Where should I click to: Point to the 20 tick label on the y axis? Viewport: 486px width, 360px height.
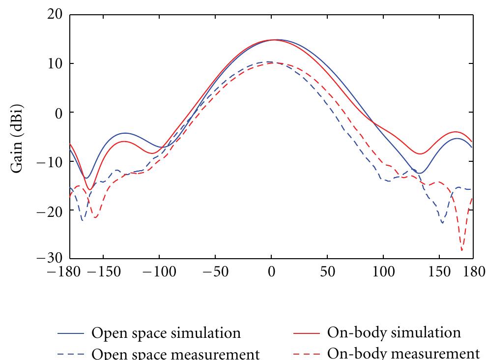[52, 15]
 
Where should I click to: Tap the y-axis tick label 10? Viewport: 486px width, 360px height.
[52, 64]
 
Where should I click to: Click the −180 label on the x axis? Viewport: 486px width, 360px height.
[70, 272]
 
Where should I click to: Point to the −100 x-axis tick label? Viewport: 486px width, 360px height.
[159, 272]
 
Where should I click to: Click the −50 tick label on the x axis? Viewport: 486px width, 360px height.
[215, 272]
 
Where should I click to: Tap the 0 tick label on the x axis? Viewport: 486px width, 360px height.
[271, 272]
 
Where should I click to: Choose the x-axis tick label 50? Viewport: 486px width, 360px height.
[327, 272]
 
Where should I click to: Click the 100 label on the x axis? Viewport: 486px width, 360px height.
[383, 272]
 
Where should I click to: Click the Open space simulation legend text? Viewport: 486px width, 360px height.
[166, 333]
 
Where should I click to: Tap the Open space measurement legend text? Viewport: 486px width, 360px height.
[175, 354]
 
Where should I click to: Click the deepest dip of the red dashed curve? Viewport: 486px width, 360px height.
[462, 250]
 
